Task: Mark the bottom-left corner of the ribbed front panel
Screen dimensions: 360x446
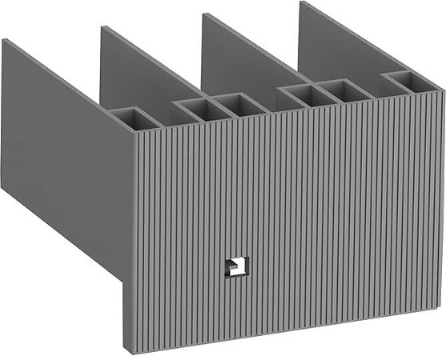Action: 125,349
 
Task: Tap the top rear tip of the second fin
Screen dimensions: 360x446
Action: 102,27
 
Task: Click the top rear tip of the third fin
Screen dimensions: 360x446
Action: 203,14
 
